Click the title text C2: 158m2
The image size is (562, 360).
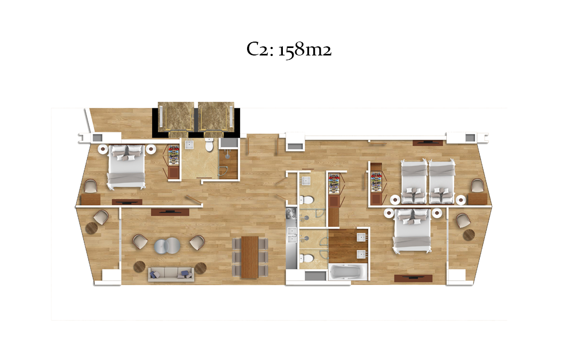[x=289, y=50]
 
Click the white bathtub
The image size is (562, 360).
[x=348, y=273]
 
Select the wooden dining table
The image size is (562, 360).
[x=250, y=257]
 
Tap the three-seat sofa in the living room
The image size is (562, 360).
[x=171, y=274]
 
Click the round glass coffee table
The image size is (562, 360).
[x=168, y=246]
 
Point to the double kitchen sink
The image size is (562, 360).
[x=292, y=235]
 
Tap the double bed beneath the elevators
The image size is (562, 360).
[x=126, y=166]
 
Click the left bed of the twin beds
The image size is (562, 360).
[x=414, y=182]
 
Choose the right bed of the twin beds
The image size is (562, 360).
[x=442, y=182]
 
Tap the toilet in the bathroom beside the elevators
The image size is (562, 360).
[x=209, y=146]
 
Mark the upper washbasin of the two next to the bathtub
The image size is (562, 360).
[x=361, y=237]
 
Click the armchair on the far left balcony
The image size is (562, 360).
[x=101, y=217]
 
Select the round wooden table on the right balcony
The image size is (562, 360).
[x=469, y=235]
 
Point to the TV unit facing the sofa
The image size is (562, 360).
[x=170, y=212]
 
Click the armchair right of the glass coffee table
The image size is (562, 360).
[x=197, y=243]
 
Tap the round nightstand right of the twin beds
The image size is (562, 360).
[x=461, y=200]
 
